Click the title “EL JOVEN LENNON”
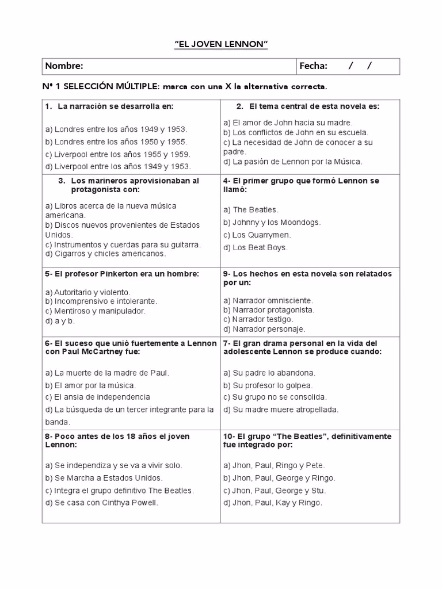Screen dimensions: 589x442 pos(221,44)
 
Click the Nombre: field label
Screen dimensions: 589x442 pos(64,66)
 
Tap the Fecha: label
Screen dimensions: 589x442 pos(314,66)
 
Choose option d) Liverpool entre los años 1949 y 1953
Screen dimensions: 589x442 pos(118,166)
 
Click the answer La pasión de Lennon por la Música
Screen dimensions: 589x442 pos(293,162)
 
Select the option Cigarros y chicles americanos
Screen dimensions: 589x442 pos(105,254)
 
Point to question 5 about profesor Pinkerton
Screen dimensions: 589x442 pos(121,274)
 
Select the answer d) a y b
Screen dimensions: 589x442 pos(60,320)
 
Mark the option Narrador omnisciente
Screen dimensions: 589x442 pos(269,300)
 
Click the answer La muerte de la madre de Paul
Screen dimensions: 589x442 pos(108,373)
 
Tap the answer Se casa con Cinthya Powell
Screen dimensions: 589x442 pos(101,503)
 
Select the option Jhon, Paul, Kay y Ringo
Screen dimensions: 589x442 pos(273,503)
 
